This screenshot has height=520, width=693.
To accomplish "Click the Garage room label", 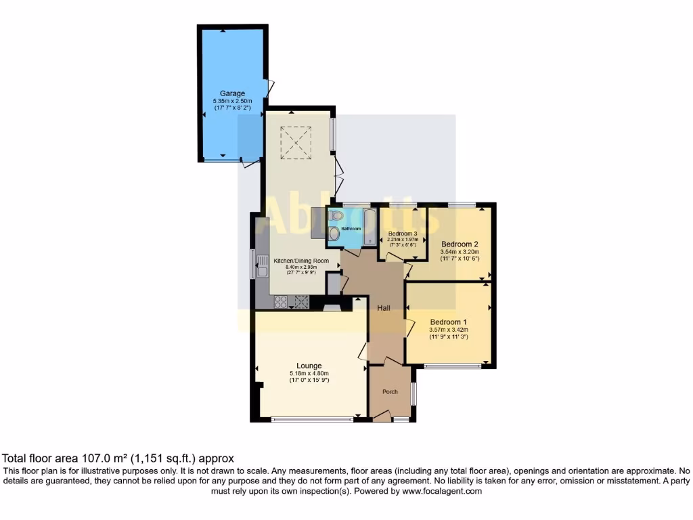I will (x=232, y=93).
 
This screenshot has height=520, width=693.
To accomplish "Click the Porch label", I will (x=390, y=391).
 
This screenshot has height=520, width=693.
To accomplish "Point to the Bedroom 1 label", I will (x=449, y=322).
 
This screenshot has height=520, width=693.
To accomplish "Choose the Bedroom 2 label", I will (x=460, y=244).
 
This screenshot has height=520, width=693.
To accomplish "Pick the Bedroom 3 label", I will (x=402, y=234).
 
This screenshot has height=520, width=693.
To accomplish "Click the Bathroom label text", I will (x=351, y=229).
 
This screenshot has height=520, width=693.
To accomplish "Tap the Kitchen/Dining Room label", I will (x=300, y=261).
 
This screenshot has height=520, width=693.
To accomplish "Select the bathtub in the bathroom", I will (x=370, y=226).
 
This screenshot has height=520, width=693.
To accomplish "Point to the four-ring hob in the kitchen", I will (x=280, y=302).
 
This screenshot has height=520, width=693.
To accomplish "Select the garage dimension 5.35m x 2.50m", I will (x=232, y=102).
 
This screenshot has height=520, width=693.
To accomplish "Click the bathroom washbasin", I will (x=334, y=233).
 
